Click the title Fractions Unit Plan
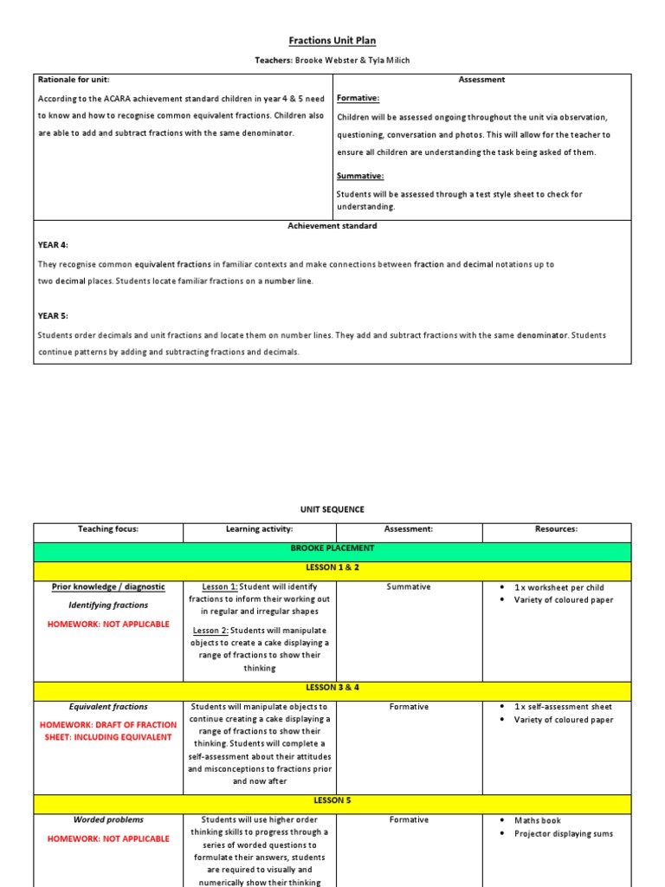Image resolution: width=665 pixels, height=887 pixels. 332,41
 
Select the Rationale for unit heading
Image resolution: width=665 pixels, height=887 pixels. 74,80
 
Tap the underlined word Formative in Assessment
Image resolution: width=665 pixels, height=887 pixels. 358,99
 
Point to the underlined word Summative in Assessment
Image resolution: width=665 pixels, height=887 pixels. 360,176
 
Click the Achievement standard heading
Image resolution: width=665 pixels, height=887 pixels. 332,226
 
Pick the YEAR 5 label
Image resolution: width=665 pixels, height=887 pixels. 53,316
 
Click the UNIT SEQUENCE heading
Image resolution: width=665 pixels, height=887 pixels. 332,510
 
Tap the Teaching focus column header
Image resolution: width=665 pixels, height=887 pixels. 108,529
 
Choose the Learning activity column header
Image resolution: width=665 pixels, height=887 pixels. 260,529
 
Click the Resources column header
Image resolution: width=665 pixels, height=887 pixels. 557,529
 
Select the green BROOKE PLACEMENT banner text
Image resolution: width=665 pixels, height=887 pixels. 332,548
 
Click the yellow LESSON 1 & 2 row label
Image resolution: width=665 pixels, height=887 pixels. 332,567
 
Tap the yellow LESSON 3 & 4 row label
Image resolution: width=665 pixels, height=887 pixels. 332,688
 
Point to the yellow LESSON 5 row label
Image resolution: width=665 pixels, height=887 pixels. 332,801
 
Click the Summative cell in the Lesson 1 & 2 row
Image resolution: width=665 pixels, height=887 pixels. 409,587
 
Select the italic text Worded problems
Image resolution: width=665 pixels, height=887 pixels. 108,819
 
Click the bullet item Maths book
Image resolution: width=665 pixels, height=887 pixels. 538,820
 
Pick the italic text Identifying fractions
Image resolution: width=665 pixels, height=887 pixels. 108,605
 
